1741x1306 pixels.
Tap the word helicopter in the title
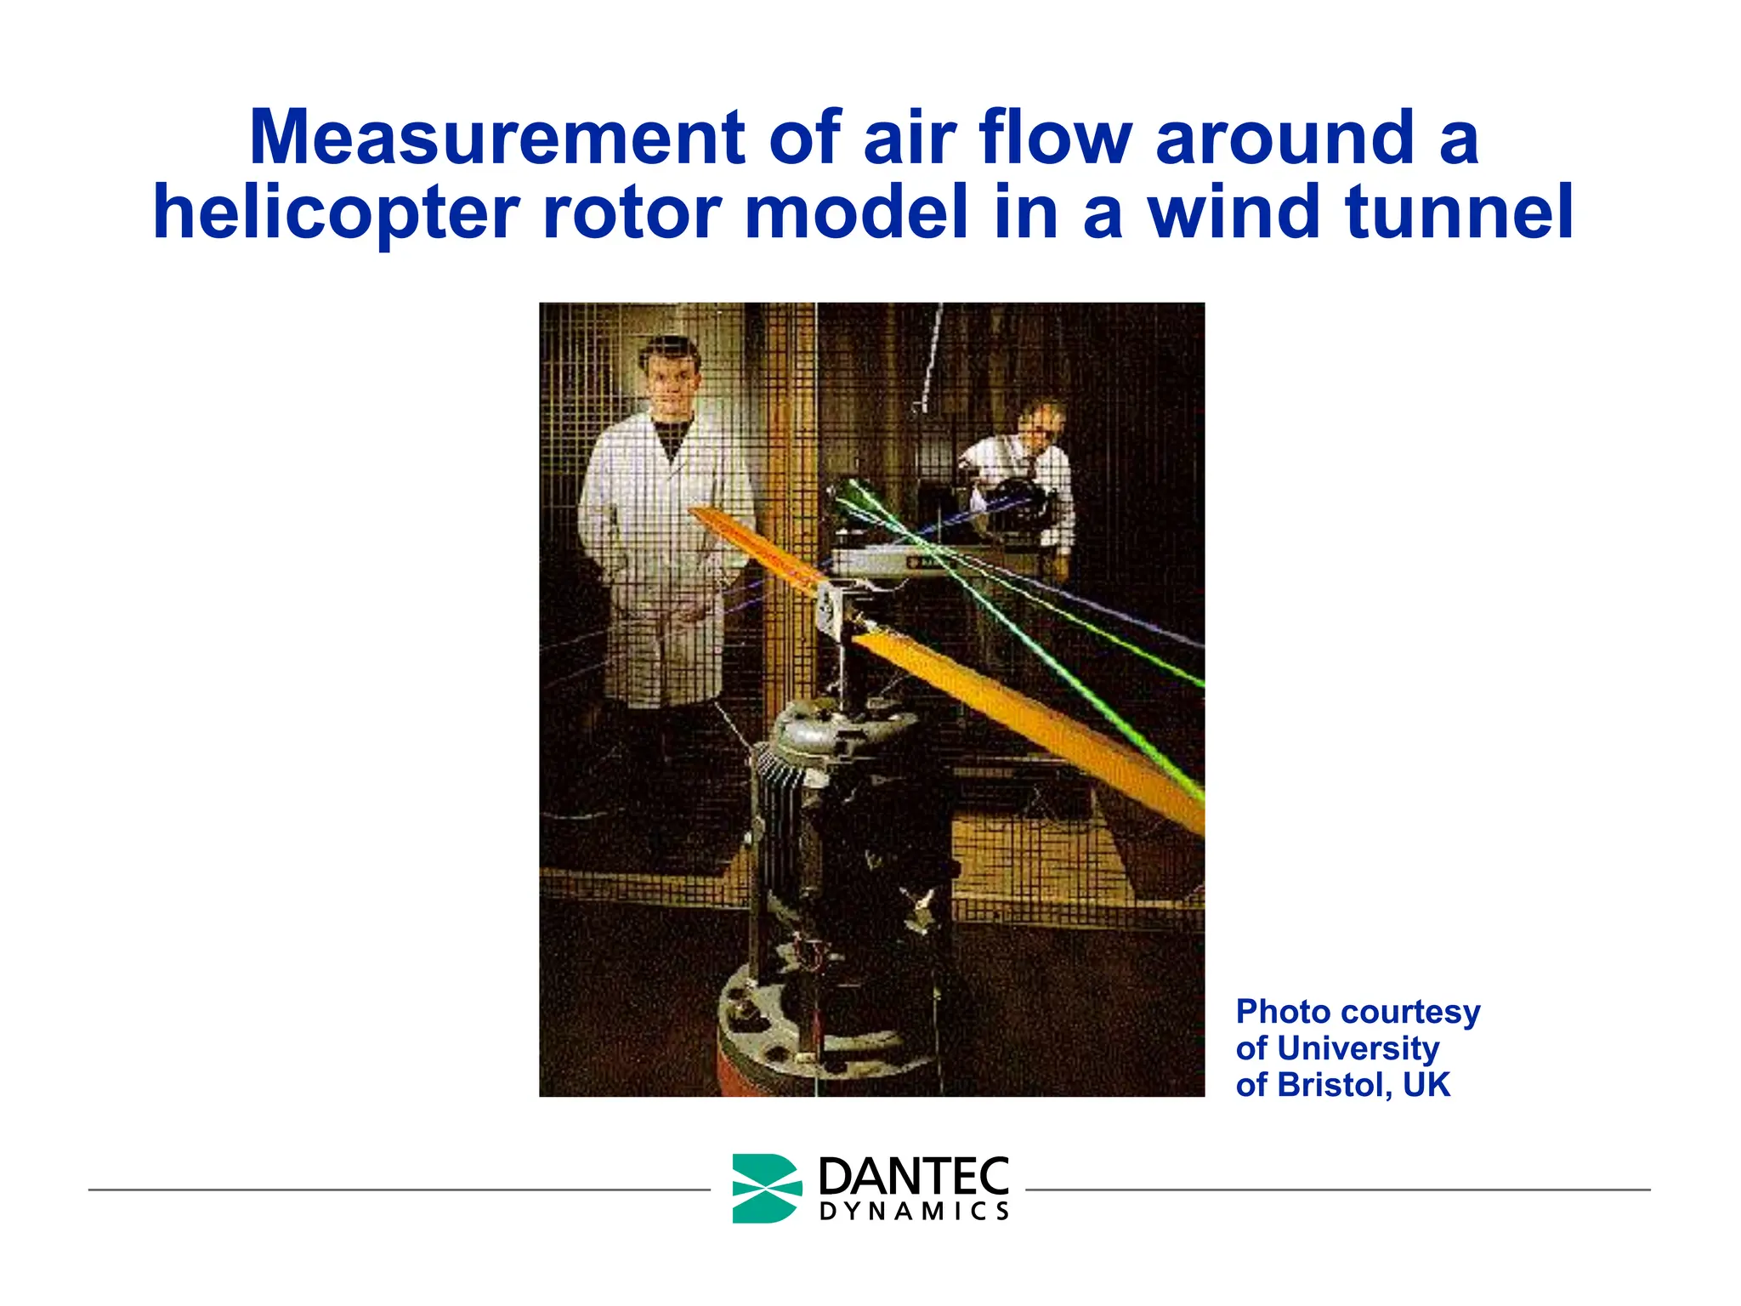pyautogui.click(x=336, y=213)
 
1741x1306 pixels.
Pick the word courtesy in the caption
pyautogui.click(x=1410, y=1012)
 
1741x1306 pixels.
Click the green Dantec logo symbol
pyautogui.click(x=766, y=1188)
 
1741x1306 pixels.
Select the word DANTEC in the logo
pyautogui.click(x=914, y=1176)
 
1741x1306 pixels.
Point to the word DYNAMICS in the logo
pyautogui.click(x=914, y=1212)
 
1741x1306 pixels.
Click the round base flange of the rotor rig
pyautogui.click(x=816, y=1029)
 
